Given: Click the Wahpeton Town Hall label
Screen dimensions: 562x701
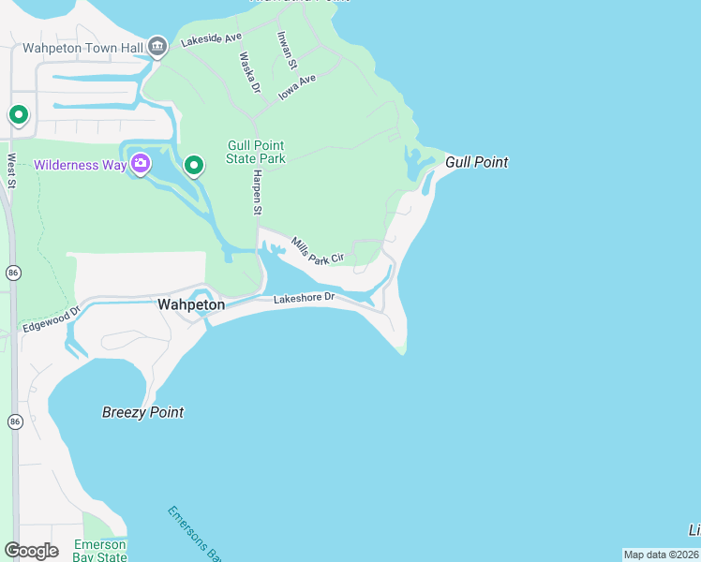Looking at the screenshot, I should click(82, 48).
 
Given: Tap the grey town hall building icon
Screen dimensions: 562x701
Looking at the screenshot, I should click(157, 46).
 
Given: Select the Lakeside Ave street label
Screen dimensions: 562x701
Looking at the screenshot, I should click(212, 40).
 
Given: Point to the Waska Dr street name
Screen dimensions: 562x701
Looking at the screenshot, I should click(248, 72).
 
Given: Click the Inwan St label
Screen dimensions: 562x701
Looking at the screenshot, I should click(286, 51).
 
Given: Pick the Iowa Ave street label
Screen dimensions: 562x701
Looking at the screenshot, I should click(297, 86).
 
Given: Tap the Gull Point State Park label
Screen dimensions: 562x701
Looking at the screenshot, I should click(256, 152).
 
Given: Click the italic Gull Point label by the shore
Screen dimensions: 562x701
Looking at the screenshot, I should click(476, 162).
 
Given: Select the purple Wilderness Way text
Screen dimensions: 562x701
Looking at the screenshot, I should click(80, 166).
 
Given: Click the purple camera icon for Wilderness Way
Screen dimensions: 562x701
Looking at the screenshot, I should click(141, 165).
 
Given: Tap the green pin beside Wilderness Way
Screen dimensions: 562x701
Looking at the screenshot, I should click(194, 166).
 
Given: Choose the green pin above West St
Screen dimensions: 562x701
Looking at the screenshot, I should click(18, 115).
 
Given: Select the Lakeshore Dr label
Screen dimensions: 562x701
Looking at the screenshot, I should click(304, 299).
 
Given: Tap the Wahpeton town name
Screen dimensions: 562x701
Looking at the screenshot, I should click(191, 304).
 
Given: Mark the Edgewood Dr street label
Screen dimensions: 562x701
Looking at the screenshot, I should click(52, 315).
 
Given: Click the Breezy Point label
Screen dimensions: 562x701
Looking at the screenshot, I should click(142, 412).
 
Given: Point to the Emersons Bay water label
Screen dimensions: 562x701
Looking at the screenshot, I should click(192, 532).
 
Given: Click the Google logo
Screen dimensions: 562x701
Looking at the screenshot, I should click(31, 550).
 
